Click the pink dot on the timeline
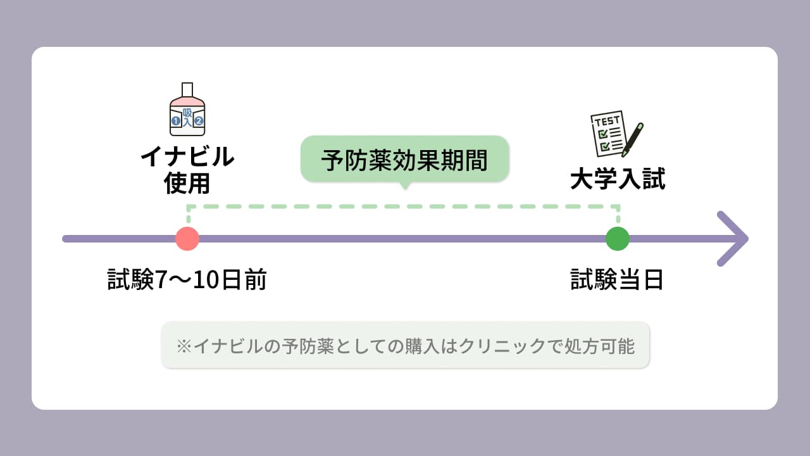click(x=187, y=239)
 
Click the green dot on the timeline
click(x=617, y=239)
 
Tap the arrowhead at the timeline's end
click(x=734, y=239)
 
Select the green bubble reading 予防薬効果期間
click(x=404, y=160)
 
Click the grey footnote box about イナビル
click(x=405, y=345)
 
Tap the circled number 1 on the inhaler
click(x=176, y=120)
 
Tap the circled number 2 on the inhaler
click(x=199, y=120)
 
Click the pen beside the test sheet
click(x=632, y=139)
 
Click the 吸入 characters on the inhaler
click(x=187, y=118)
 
